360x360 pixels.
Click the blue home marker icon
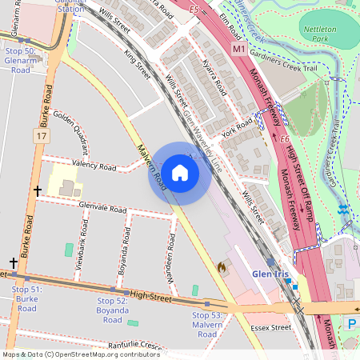click(180, 173)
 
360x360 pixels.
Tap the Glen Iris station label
click(270, 274)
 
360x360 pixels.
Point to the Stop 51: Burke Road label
click(27, 298)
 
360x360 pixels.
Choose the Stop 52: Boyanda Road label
click(112, 310)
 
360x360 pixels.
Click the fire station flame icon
click(222, 266)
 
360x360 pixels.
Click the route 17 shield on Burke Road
click(40, 137)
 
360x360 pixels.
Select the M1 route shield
click(239, 50)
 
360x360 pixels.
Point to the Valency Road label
click(94, 166)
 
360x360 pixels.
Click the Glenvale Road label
click(103, 207)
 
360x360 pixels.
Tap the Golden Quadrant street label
click(70, 130)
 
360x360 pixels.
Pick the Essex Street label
click(270, 327)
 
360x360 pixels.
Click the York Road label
click(237, 129)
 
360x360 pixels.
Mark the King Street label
click(138, 64)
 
